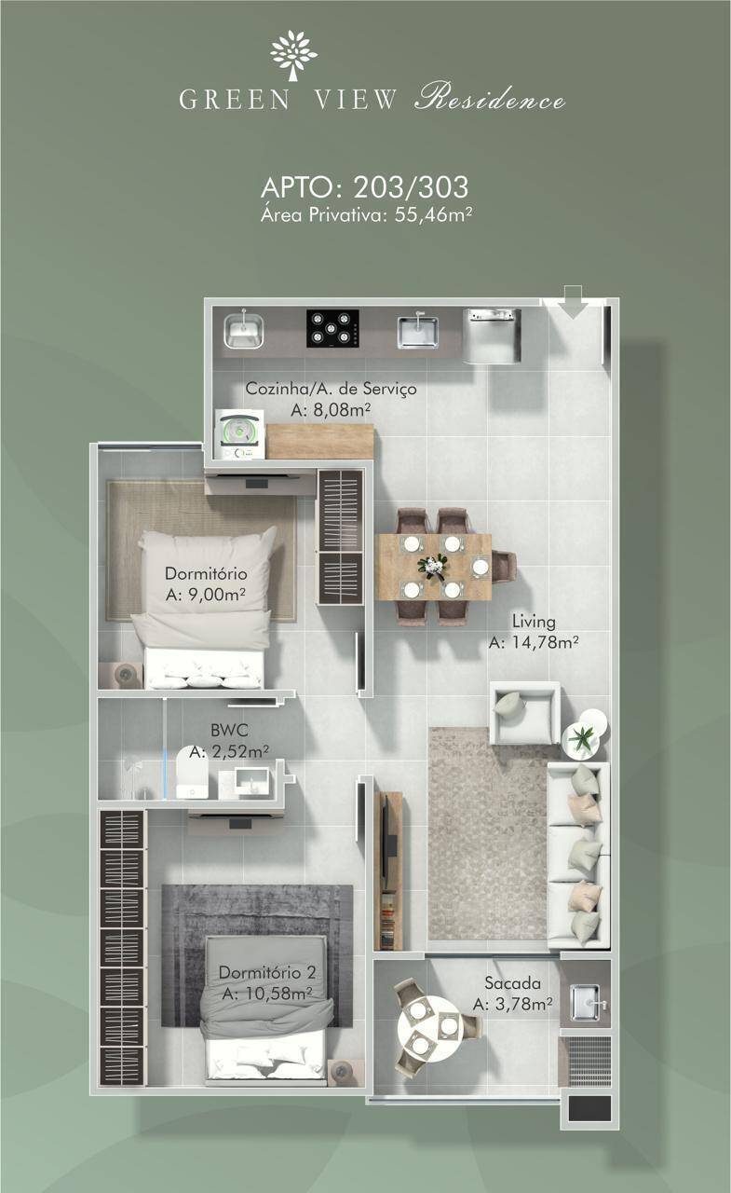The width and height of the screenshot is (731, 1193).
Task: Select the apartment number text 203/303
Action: click(412, 187)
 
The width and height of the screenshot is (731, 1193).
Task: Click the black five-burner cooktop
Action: click(332, 329)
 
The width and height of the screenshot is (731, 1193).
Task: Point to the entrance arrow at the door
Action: click(573, 301)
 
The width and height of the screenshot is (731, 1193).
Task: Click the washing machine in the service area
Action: click(240, 433)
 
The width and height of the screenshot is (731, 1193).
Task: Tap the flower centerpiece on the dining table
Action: click(432, 566)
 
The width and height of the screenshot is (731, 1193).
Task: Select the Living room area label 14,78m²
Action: click(534, 642)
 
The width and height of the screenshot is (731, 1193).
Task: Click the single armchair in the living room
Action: click(525, 712)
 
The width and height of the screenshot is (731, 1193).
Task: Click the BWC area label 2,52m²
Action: click(229, 751)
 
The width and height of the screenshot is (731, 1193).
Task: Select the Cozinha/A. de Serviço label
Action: click(331, 389)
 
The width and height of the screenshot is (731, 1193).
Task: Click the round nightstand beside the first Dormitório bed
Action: click(126, 674)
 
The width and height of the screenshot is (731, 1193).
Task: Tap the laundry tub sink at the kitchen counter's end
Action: click(244, 331)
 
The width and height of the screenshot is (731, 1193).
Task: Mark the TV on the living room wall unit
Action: click(390, 841)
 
